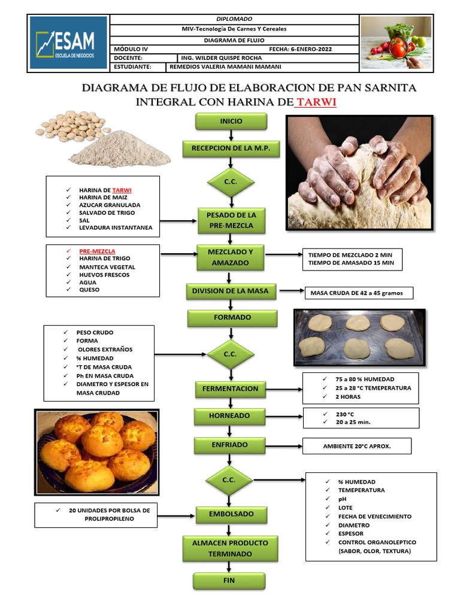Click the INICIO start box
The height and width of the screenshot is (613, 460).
tap(231, 121)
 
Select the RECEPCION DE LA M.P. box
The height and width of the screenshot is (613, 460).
tap(231, 148)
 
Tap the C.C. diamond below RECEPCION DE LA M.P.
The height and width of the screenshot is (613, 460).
tap(231, 181)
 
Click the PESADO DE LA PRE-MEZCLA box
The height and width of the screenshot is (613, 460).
tap(231, 220)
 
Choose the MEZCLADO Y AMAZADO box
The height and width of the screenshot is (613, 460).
tap(231, 257)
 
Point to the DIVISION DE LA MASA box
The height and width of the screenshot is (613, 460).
tap(231, 291)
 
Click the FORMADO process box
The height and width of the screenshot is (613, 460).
tap(232, 318)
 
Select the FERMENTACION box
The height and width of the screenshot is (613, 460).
tap(231, 389)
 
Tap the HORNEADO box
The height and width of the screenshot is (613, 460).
tap(230, 415)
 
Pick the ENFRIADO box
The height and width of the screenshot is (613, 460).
tap(230, 445)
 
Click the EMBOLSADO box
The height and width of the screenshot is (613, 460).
tap(231, 514)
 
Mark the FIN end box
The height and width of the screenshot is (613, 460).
tap(229, 581)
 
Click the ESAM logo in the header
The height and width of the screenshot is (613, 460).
tap(68, 43)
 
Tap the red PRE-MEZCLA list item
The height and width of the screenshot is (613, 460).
tap(97, 251)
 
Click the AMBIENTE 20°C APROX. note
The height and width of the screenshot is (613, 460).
tap(357, 446)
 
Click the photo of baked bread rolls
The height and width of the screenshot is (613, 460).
tap(97, 452)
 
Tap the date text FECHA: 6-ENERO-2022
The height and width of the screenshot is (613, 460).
tap(301, 49)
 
